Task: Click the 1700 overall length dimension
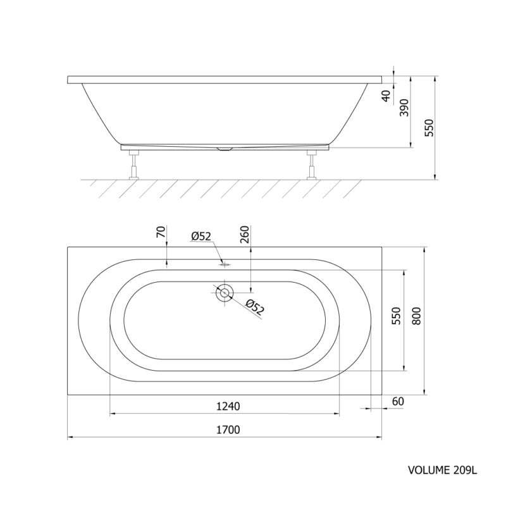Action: coord(228,430)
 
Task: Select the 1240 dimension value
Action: coord(228,406)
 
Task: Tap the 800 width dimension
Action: coord(417,316)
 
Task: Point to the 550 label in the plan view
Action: coord(396,316)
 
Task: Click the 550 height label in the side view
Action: coord(429,128)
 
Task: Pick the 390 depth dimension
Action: coord(404,108)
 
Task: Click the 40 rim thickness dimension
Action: coord(386,96)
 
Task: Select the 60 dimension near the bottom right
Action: coord(398,402)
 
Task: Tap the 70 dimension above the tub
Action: coord(161,232)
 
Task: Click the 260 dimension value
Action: coord(245,235)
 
